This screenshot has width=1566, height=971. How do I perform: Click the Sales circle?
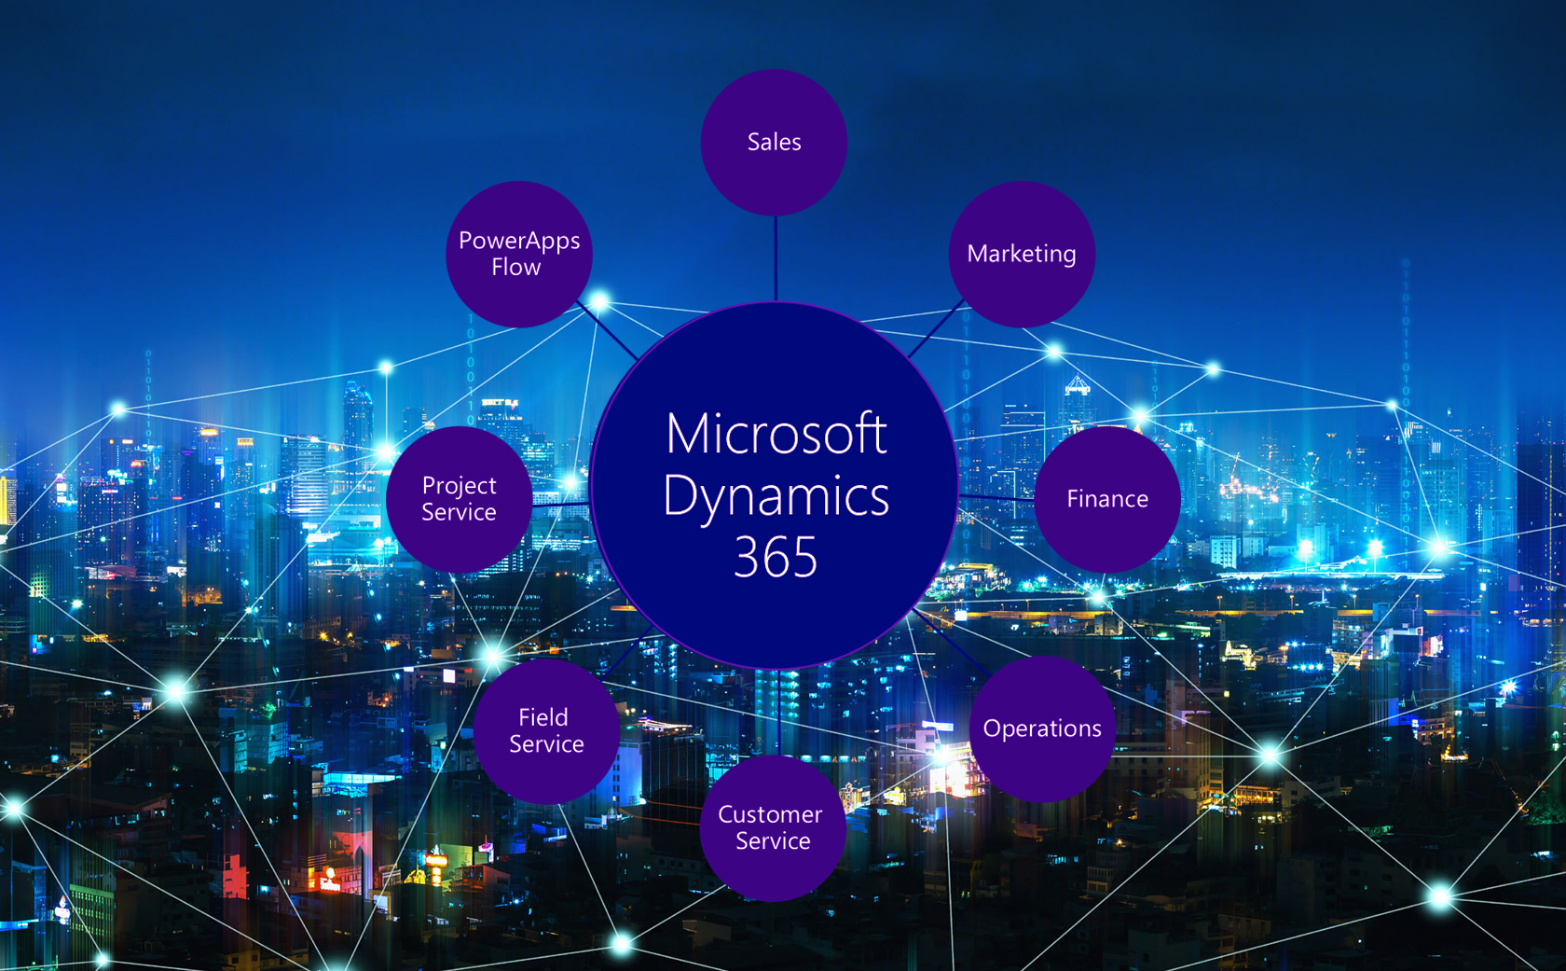pos(774,142)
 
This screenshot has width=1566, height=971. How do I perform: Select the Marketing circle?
pos(1022,254)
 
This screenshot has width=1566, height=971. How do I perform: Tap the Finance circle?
pos(1107,499)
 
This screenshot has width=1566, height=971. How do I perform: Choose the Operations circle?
pos(1042,728)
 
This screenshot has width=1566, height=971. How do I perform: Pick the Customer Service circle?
pos(773,828)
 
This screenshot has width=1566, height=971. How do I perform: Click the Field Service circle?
pos(546,731)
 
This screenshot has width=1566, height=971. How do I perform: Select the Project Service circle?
pos(459,499)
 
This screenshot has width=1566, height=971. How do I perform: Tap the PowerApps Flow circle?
pos(519,254)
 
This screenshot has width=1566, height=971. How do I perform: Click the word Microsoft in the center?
pos(776,434)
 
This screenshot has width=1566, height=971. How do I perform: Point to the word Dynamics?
pos(776,496)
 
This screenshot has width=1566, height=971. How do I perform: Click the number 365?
pos(776,558)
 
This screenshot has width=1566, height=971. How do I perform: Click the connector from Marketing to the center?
pos(936,328)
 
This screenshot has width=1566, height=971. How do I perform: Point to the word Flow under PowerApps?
pos(515,268)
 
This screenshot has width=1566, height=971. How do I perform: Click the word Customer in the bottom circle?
pos(770,814)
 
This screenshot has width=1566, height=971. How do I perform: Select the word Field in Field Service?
pos(543,717)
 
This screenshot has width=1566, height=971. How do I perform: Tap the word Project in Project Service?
pos(459,486)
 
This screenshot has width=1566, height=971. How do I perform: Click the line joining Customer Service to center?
pos(777,714)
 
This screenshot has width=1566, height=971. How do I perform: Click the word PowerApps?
pos(519,241)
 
